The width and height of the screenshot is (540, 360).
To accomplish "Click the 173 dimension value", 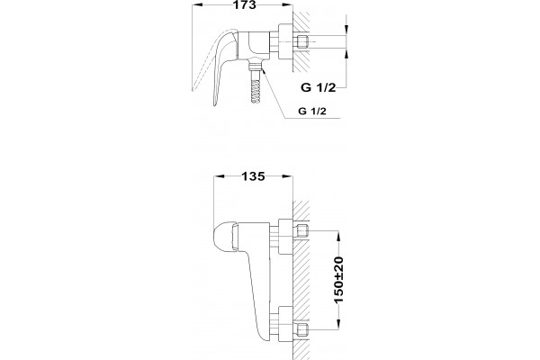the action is click(x=245, y=4).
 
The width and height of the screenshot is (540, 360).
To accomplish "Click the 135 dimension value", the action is click(x=253, y=176).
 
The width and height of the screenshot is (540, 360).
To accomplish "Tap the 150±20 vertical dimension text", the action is click(x=339, y=280).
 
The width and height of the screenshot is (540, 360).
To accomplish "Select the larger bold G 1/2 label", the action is click(x=318, y=87).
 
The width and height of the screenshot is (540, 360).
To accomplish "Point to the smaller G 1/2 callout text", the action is click(x=312, y=112).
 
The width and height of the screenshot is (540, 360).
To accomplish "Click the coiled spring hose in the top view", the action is click(x=256, y=91).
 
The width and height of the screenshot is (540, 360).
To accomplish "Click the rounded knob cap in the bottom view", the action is click(x=224, y=237).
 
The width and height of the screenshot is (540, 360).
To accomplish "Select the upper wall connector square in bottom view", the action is click(x=302, y=230).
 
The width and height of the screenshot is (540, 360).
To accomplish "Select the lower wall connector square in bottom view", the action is click(x=302, y=329).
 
